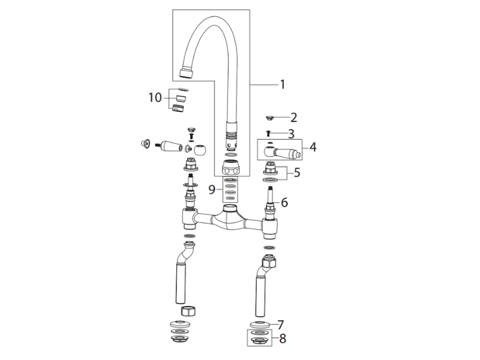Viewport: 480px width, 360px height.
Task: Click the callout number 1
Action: click(283, 84)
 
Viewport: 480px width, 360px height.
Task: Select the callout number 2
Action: click(293, 117)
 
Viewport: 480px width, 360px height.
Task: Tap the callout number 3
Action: click(291, 134)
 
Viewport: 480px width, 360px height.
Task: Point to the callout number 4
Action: click(313, 147)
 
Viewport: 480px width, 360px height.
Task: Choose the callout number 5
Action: click(296, 173)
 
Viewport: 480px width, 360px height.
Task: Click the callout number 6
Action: click(284, 202)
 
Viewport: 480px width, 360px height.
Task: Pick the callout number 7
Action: click(281, 325)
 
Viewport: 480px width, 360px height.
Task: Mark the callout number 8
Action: click(283, 338)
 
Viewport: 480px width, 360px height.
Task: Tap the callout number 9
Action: click(212, 190)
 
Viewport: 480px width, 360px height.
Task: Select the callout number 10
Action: click(155, 98)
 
